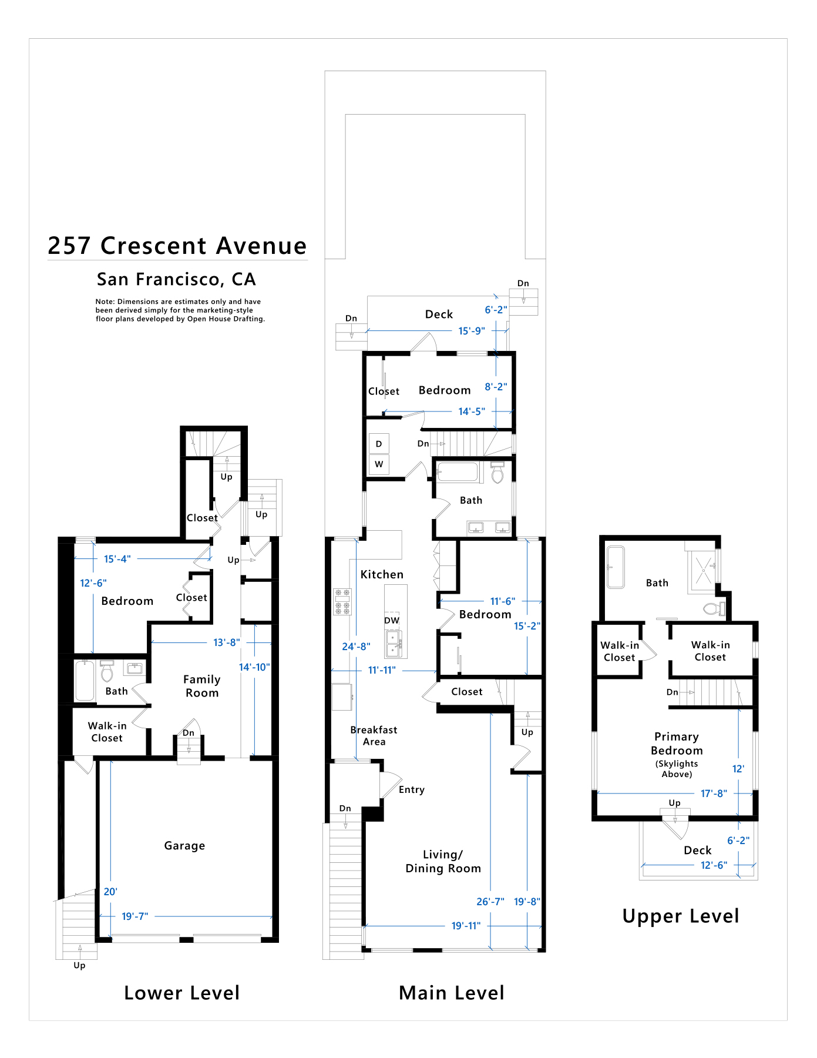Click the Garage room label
[x=184, y=846]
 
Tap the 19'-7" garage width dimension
[x=135, y=916]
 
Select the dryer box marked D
[x=379, y=444]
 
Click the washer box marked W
[x=379, y=464]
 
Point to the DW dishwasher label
[x=392, y=620]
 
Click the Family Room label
[x=202, y=686]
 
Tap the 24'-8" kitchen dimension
[x=356, y=647]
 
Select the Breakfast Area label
[x=374, y=736]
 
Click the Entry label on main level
[x=412, y=790]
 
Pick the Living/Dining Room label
[x=443, y=862]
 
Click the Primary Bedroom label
[x=677, y=744]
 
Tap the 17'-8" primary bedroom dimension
[x=714, y=793]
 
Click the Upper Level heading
[x=681, y=916]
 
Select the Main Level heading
[x=452, y=993]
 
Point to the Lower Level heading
[x=182, y=993]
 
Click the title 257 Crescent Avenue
[x=177, y=246]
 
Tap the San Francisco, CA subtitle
[x=177, y=279]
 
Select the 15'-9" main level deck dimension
[x=472, y=331]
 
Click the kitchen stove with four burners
[x=342, y=602]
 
